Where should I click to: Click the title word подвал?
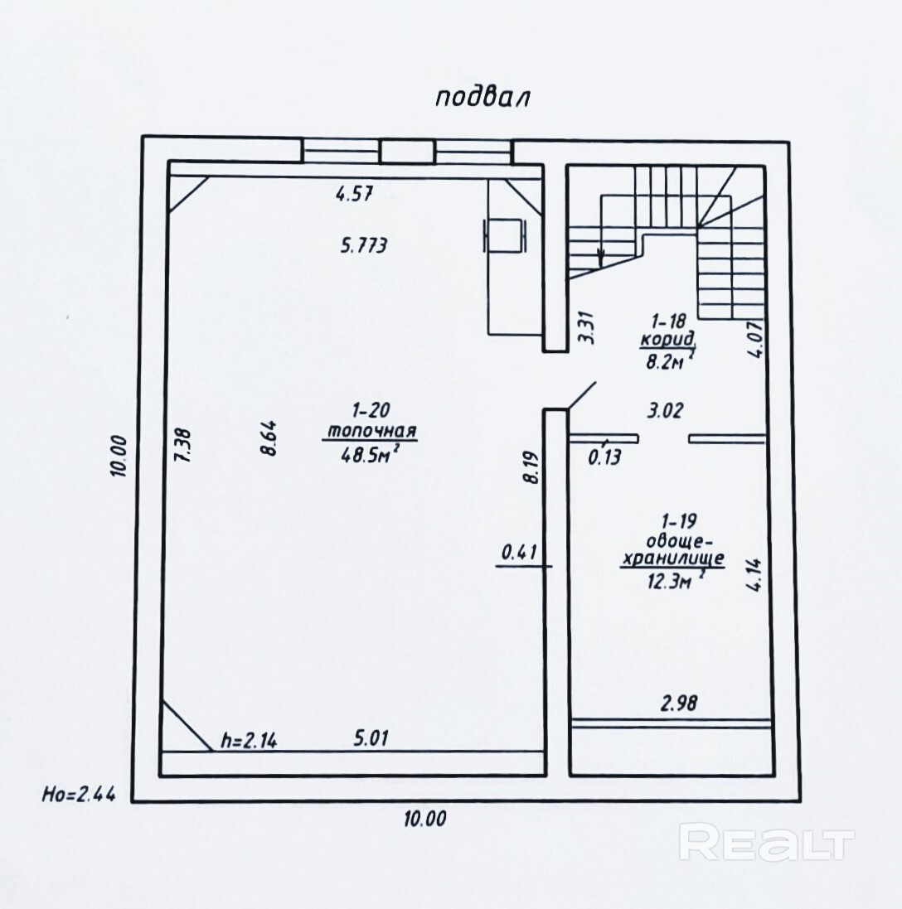(x=483, y=98)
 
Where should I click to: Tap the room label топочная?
(x=371, y=432)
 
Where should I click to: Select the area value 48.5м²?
(x=371, y=453)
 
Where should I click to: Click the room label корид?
(x=667, y=340)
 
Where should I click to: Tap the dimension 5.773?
(x=364, y=246)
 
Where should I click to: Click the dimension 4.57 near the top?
(x=354, y=193)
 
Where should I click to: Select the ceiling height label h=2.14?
(x=250, y=740)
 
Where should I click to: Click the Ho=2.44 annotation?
(x=79, y=794)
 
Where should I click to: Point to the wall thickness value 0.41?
(x=519, y=553)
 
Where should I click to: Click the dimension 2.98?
(x=679, y=704)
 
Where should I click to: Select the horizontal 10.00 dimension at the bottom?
(x=425, y=819)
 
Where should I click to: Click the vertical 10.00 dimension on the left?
(x=119, y=457)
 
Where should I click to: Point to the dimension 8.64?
(x=271, y=438)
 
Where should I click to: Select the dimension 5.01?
(x=371, y=738)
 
